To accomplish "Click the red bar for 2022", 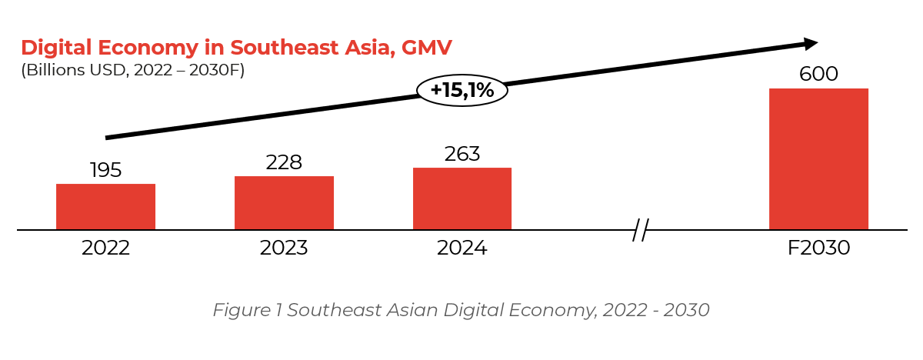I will pos(105,206).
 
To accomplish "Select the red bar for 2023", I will pos(284,202).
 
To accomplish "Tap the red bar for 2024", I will pos(462,198).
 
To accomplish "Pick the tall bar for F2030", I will pos(818,158).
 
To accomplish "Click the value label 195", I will pos(105,170).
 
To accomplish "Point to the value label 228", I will pos(284,162).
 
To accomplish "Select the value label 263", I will pos(462,154).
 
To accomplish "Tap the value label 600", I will pos(818,75).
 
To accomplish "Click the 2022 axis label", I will pos(105,248).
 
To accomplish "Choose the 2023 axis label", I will pos(284,248).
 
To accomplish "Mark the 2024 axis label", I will pos(462,248).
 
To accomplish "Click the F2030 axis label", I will pos(818,248).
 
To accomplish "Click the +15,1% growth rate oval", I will pos(461,91).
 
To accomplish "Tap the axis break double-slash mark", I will pos(641,229).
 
